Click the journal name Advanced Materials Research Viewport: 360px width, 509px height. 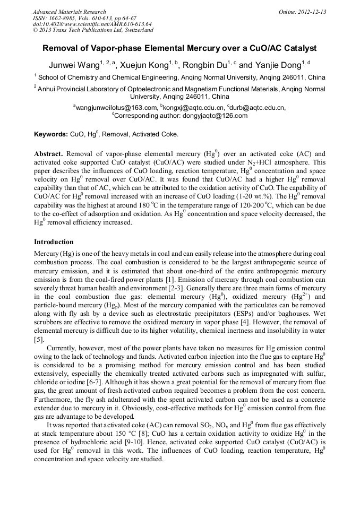69,12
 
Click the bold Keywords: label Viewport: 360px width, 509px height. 51,134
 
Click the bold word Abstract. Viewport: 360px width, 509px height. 49,154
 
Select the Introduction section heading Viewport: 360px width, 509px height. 54,241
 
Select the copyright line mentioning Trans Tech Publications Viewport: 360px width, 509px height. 93,31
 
